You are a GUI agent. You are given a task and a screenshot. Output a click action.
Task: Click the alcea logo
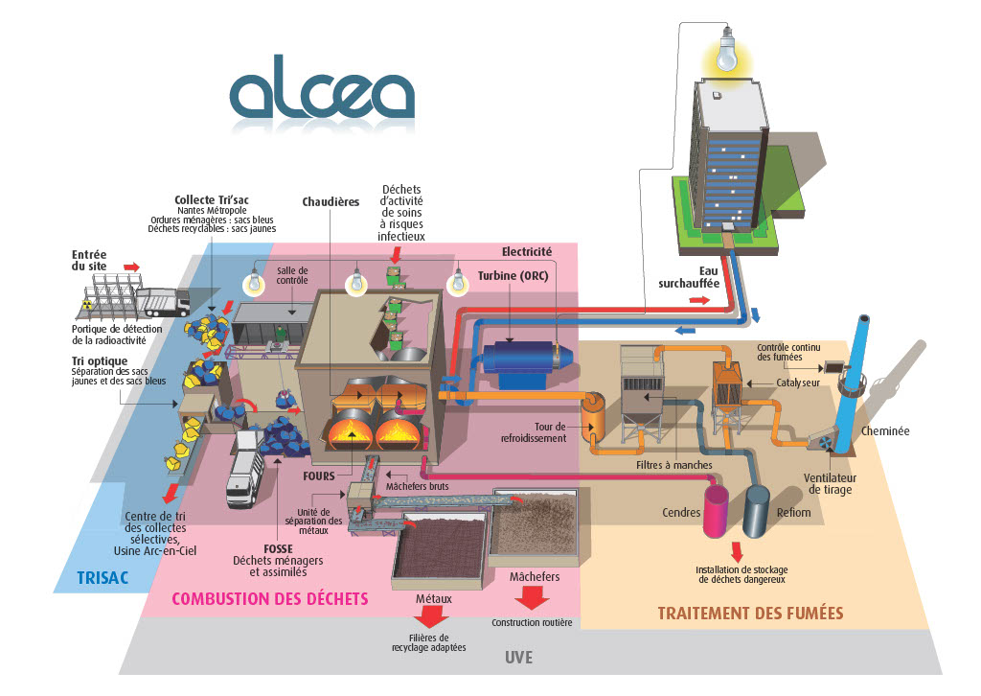[x=322, y=96]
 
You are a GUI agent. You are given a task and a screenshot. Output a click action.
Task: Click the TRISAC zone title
[x=103, y=578]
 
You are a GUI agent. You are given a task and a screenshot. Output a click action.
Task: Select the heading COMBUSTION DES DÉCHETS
[x=269, y=599]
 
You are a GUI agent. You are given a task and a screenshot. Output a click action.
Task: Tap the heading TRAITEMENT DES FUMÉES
[x=750, y=613]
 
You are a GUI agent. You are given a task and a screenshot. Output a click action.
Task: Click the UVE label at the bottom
[x=518, y=658]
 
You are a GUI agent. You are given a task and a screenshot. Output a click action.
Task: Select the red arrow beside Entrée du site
[x=130, y=267]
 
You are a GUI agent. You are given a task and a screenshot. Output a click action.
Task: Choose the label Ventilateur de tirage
[x=829, y=483]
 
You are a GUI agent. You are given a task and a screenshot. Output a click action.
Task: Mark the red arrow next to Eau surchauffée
[x=701, y=300]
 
